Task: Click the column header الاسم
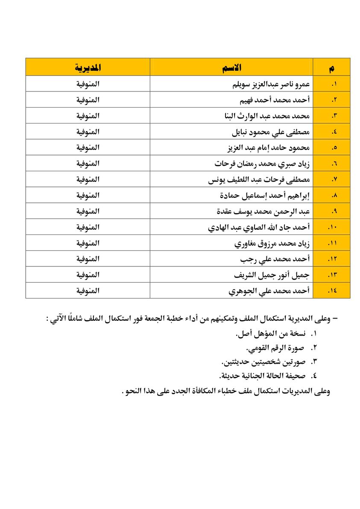(231, 67)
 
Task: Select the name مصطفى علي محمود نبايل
(270, 132)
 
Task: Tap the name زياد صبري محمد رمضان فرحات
(262, 164)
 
